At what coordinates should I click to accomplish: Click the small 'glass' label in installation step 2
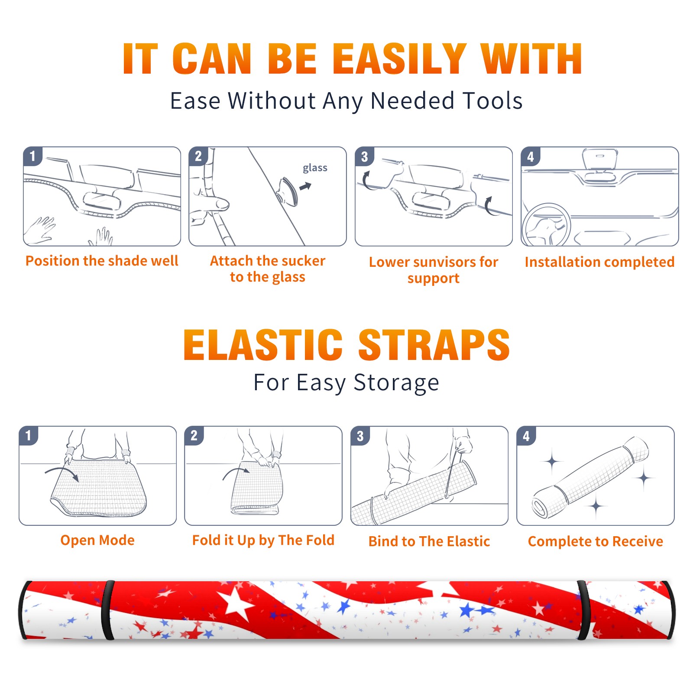(x=315, y=168)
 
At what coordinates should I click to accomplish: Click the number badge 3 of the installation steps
(x=364, y=156)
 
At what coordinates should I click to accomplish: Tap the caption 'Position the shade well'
(x=102, y=261)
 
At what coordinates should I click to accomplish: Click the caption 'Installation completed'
(x=599, y=262)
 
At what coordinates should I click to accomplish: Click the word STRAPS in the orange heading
(x=434, y=345)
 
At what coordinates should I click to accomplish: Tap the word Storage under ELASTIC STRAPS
(x=396, y=383)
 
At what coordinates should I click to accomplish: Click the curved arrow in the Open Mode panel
(x=62, y=473)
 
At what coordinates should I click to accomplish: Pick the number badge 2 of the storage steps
(x=194, y=435)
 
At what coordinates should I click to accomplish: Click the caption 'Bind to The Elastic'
(x=429, y=541)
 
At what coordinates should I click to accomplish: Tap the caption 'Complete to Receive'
(x=596, y=541)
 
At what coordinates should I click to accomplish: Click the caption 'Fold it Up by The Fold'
(x=263, y=541)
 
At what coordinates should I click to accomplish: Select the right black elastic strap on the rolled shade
(x=583, y=610)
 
